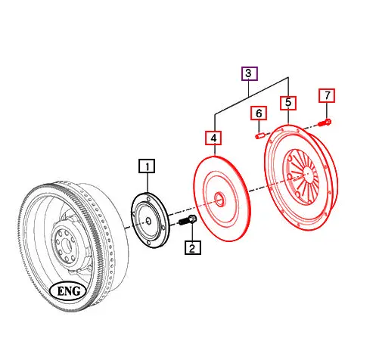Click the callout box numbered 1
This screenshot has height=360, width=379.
coord(146,166)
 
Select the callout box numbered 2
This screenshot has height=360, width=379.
coord(191,247)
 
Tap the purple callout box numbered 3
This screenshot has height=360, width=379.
coord(250,73)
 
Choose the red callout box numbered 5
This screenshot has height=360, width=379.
coord(288,103)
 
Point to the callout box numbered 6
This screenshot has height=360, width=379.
coord(259,113)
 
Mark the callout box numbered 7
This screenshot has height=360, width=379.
coord(327,95)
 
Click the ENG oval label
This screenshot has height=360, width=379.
coord(69,291)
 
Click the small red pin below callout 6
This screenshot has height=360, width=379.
coord(258,135)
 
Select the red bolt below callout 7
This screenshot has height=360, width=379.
coord(325,121)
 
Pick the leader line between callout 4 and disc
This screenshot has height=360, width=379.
coord(214,151)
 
